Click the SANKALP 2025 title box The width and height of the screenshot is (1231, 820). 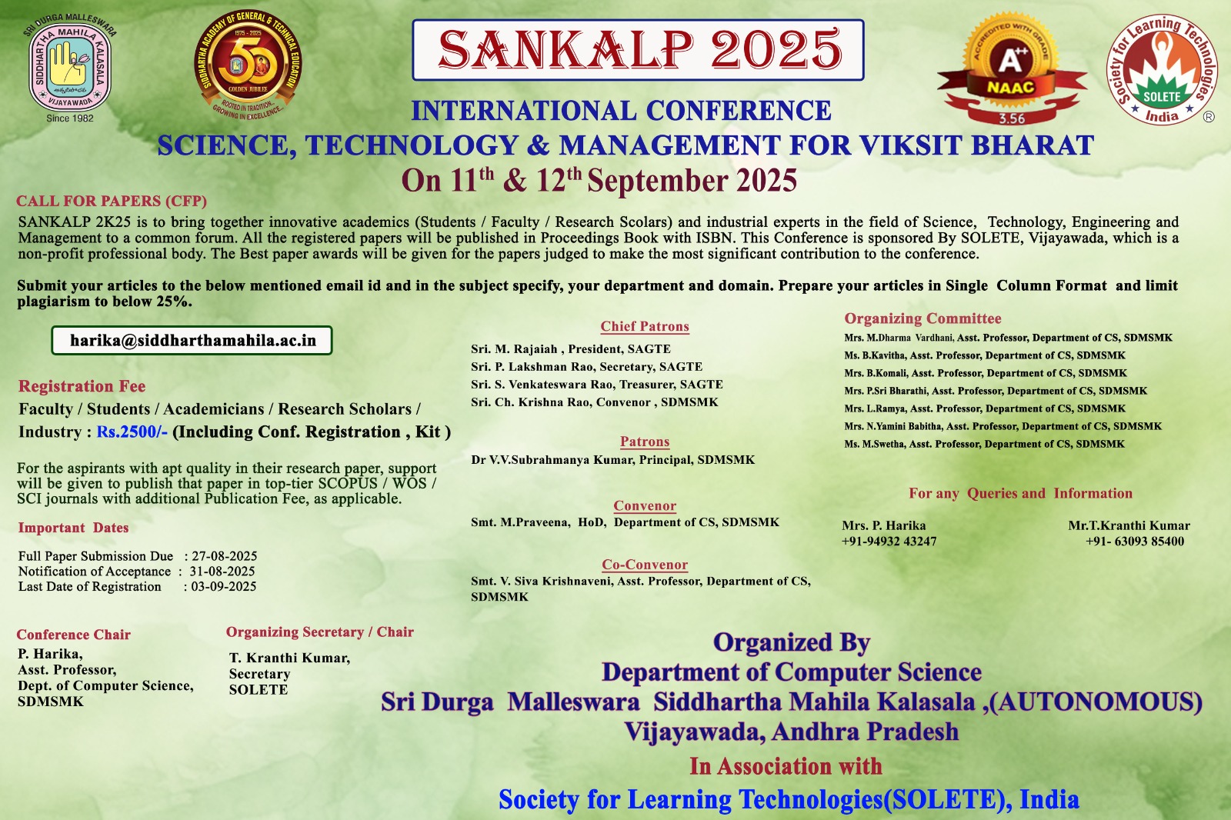click(638, 50)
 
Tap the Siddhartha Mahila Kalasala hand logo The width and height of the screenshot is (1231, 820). click(70, 64)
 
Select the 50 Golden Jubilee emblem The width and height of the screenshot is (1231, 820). click(248, 65)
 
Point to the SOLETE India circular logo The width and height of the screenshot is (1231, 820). click(1161, 70)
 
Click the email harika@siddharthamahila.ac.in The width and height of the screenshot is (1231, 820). click(193, 341)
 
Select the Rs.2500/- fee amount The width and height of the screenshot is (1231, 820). click(132, 432)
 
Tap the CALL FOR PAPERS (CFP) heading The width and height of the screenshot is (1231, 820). click(112, 201)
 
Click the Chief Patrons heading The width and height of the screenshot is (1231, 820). click(645, 326)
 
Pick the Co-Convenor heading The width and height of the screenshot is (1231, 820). click(645, 565)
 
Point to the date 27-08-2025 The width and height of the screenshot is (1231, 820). click(224, 555)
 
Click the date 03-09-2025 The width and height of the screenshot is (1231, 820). click(224, 586)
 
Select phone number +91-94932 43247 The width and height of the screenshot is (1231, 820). click(889, 542)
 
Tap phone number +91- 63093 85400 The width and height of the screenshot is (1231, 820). click(1135, 542)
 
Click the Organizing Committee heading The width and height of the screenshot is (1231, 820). click(922, 318)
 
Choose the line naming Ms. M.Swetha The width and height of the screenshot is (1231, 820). click(984, 444)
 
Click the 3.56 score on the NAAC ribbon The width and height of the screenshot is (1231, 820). click(1012, 118)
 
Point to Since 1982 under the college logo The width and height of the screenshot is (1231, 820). click(70, 118)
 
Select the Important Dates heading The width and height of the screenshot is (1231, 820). click(73, 528)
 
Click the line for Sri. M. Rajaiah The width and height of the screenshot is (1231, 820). click(570, 349)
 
